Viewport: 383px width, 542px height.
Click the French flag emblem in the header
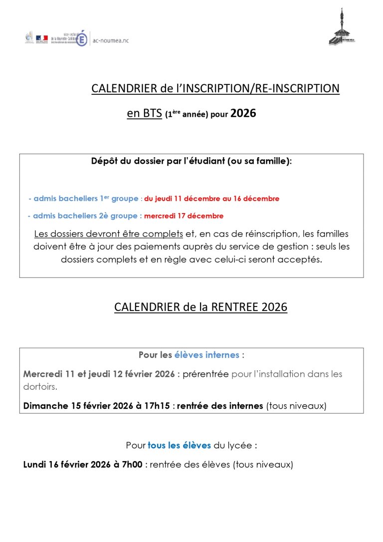coord(42,38)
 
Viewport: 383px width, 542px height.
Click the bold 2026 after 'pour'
coord(243,113)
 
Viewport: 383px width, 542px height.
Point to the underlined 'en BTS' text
coord(145,114)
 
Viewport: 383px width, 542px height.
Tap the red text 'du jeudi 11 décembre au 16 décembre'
coord(212,199)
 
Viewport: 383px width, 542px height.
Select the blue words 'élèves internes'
coord(206,355)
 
